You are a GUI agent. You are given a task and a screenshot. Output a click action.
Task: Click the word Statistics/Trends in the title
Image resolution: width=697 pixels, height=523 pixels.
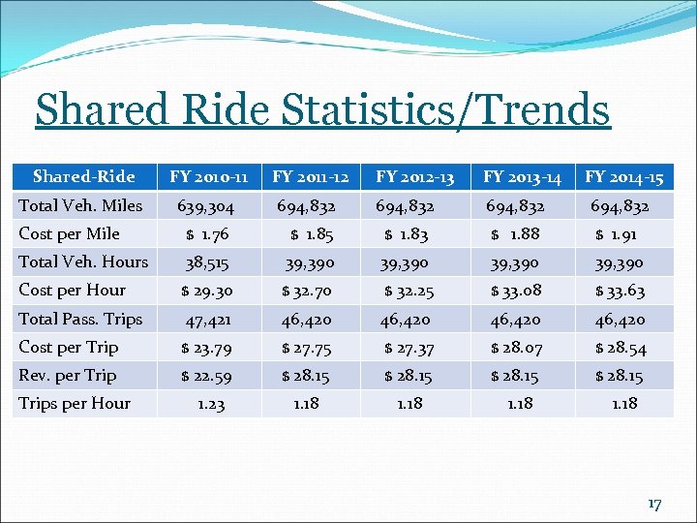pos(446,110)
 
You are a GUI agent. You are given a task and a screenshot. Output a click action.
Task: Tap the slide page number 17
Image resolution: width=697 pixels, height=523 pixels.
pos(653,504)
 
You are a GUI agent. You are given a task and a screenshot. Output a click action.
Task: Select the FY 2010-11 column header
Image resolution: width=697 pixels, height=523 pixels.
pos(209,176)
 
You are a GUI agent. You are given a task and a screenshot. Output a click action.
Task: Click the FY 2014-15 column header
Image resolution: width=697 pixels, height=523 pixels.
pos(623,176)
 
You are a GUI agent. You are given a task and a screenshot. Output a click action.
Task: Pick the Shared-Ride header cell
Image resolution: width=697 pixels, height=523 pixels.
pos(84,176)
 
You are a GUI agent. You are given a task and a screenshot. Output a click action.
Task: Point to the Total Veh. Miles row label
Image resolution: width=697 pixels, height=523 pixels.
pos(80,205)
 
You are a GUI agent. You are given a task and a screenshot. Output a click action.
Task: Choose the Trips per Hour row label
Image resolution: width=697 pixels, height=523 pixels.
pos(75,403)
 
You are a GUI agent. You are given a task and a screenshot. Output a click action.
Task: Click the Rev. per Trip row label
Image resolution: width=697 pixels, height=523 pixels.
pos(68,375)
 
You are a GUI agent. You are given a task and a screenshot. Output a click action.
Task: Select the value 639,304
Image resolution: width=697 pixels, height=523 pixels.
pos(204,206)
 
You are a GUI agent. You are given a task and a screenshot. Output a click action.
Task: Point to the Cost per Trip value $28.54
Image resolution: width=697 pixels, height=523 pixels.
pos(621,348)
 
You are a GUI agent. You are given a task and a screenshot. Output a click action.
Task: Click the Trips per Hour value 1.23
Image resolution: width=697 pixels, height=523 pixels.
pos(211,405)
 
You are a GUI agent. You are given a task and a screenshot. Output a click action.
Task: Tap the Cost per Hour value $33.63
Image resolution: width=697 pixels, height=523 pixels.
pos(621,291)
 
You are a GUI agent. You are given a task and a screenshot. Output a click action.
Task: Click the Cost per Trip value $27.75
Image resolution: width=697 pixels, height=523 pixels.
pos(308,348)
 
